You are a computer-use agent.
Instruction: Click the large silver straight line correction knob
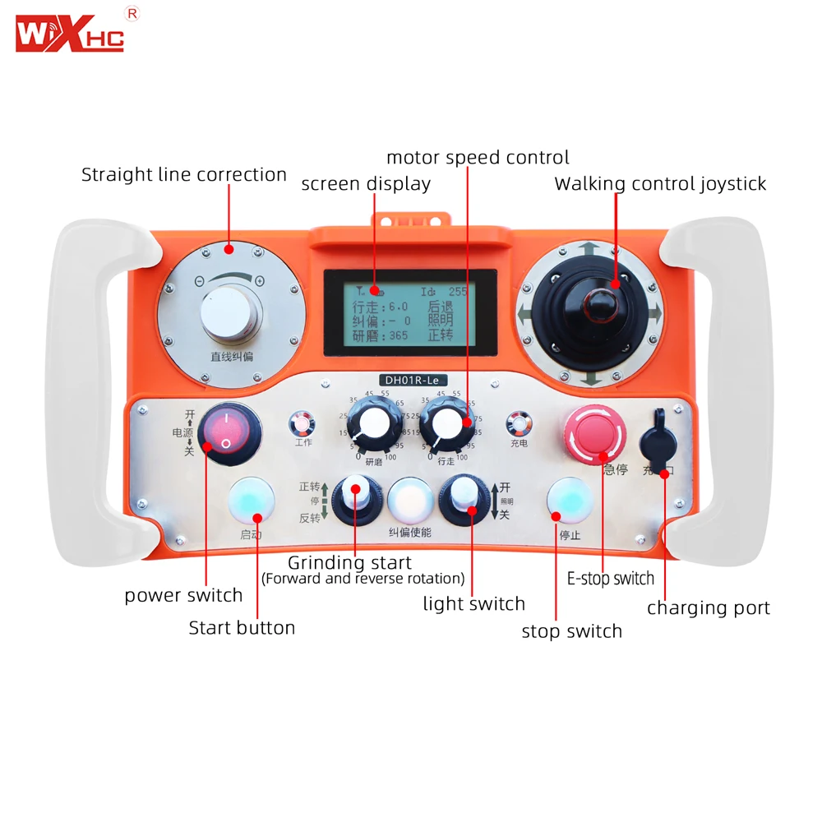click(231, 313)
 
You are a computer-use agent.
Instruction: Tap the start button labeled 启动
click(252, 501)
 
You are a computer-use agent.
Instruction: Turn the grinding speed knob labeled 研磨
click(372, 425)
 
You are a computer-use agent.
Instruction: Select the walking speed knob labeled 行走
click(446, 424)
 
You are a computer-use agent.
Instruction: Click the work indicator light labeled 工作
click(302, 424)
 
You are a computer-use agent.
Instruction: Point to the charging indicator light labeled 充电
click(518, 424)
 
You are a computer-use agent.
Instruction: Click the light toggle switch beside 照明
click(463, 498)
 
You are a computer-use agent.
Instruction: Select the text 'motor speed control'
click(478, 157)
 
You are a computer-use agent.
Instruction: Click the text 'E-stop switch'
click(611, 579)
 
